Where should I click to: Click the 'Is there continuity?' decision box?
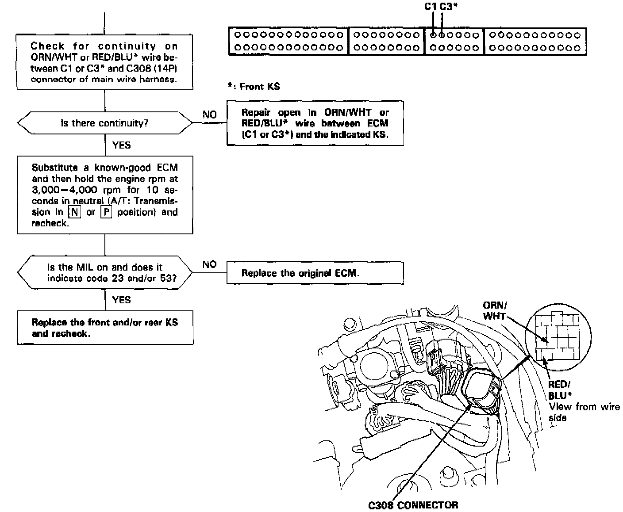(x=105, y=123)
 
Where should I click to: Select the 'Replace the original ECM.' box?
(x=315, y=273)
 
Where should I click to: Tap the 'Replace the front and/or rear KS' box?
(x=105, y=328)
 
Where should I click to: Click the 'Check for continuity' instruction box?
(x=105, y=63)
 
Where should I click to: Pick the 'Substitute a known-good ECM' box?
(x=105, y=195)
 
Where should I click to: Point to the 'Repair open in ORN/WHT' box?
(x=315, y=123)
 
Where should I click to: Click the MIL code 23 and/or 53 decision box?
(x=105, y=273)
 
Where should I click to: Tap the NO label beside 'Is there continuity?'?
(x=209, y=115)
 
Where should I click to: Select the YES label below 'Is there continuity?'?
(x=121, y=145)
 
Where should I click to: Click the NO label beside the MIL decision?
(x=209, y=264)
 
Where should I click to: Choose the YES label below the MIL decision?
(x=121, y=300)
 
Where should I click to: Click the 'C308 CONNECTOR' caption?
(x=413, y=505)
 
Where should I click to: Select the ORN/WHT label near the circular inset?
(x=495, y=310)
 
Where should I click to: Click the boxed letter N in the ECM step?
(x=74, y=212)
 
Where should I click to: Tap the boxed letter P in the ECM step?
(x=106, y=212)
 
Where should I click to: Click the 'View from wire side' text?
(x=584, y=412)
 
